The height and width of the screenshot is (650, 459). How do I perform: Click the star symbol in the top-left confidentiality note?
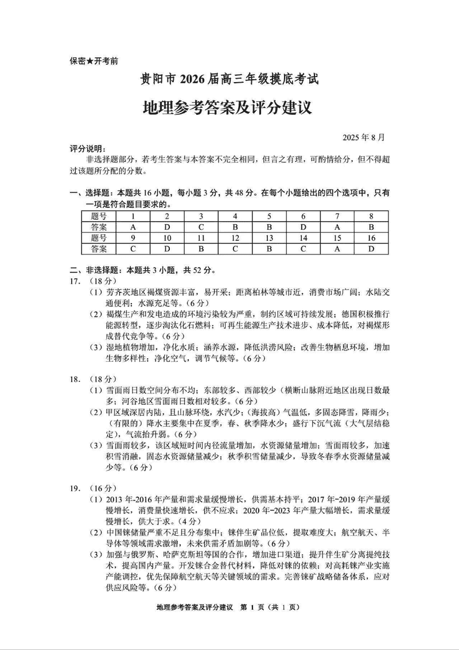[x=90, y=61]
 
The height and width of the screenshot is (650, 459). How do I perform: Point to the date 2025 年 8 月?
[x=364, y=138]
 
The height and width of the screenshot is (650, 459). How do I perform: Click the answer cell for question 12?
[x=234, y=249]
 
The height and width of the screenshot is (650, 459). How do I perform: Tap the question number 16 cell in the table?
[x=371, y=238]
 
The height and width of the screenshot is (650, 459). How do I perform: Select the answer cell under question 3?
[x=201, y=227]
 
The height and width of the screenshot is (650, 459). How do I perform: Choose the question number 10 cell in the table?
[x=167, y=238]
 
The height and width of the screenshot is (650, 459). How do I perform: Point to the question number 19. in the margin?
[x=75, y=483]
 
